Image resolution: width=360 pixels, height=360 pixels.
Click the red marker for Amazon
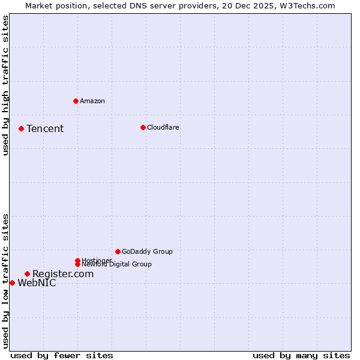[76, 101]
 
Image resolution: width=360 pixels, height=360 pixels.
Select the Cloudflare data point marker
[143, 127]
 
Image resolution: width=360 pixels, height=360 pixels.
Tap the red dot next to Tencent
[21, 128]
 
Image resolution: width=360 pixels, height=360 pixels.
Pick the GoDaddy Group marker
[118, 251]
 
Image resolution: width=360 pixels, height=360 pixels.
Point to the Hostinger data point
[77, 260]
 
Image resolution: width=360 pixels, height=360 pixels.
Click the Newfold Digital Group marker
[77, 264]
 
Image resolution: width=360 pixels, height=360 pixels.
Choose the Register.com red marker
[27, 274]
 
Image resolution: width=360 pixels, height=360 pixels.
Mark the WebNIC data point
[12, 283]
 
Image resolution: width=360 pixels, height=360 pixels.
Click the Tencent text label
[45, 128]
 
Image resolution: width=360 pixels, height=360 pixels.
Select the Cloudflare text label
[163, 127]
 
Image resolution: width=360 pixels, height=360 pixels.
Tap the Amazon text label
[92, 101]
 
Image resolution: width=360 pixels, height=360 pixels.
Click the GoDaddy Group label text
[147, 251]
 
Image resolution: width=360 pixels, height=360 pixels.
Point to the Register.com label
[63, 274]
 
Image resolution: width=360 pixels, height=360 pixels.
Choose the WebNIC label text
[37, 283]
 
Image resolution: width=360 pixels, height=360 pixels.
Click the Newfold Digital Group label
[117, 265]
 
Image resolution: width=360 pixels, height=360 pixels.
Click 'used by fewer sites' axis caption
[62, 355]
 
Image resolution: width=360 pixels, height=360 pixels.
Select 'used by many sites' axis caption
[301, 355]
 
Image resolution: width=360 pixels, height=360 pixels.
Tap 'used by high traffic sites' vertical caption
[6, 85]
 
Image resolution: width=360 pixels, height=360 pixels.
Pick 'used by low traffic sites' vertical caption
[6, 281]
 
